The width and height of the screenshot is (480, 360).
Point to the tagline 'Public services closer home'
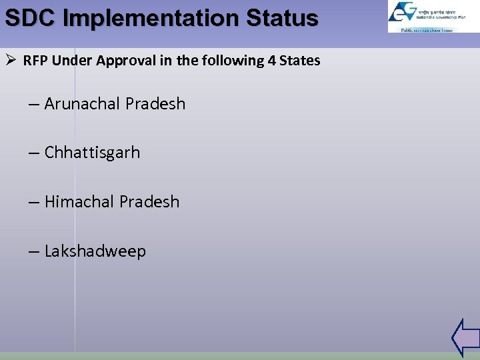point(427,30)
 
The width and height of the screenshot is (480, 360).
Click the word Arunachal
point(83,104)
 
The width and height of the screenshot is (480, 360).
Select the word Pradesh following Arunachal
point(155,104)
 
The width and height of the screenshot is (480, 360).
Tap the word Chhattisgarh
point(92,153)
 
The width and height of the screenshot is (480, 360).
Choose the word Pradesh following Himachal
point(149,202)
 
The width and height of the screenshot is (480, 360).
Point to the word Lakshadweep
point(95,251)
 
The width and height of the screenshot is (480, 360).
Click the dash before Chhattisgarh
point(34,153)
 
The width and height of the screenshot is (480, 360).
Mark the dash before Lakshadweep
point(34,252)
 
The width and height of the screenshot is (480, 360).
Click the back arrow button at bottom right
point(465,337)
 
